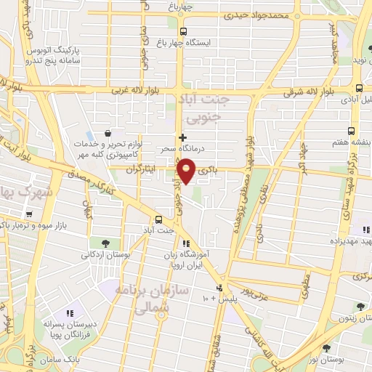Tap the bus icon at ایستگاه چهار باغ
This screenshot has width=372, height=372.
tap(182, 31)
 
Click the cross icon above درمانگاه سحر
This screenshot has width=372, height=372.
tap(182, 137)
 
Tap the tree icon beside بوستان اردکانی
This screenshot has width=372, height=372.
tap(106, 243)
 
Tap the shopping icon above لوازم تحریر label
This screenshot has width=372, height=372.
tap(108, 133)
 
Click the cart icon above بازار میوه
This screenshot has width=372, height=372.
tap(29, 214)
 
